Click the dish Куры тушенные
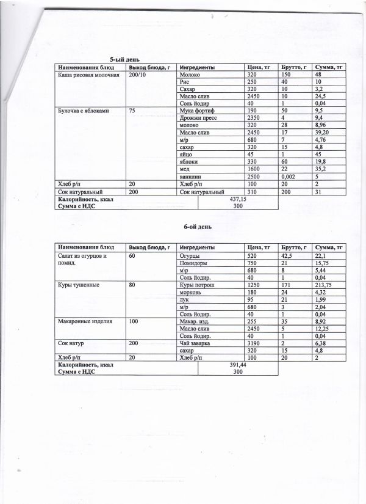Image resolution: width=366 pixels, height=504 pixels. point(79,285)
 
